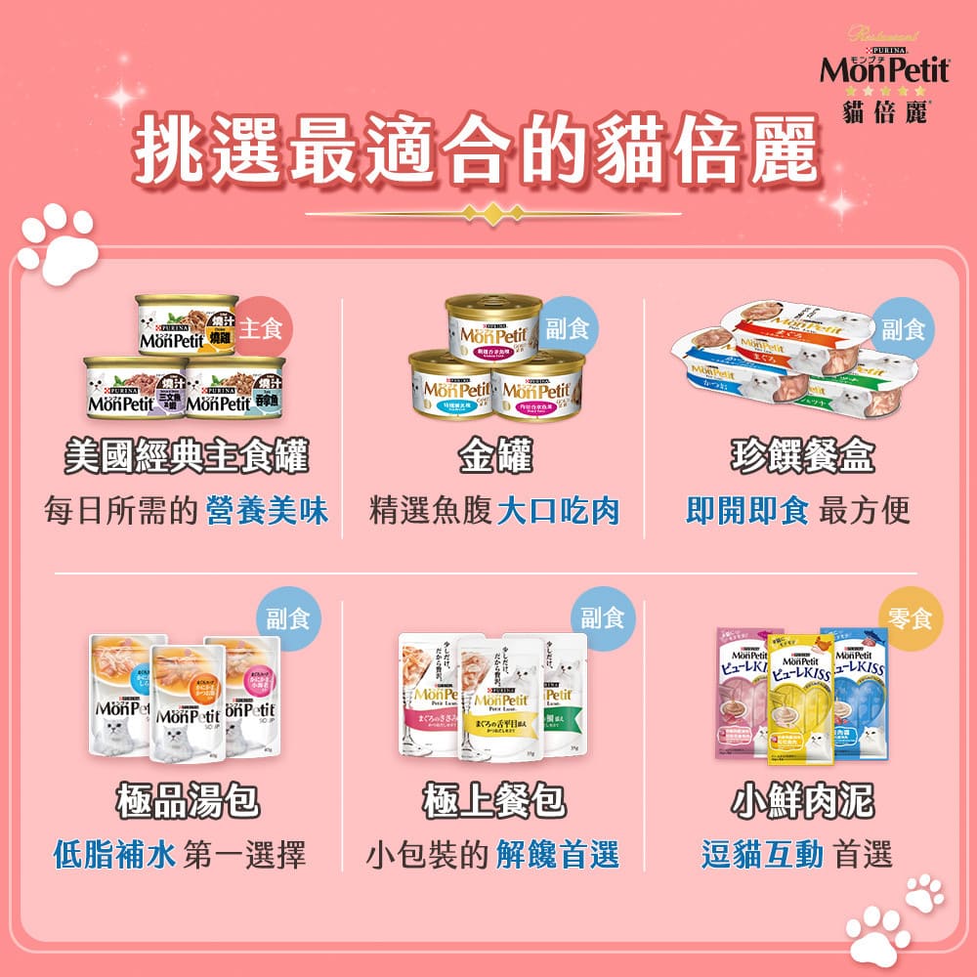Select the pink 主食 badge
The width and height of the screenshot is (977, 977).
(x=260, y=327)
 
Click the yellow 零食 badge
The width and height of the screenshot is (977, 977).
(x=911, y=617)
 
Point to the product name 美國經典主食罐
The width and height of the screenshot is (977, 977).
(x=186, y=455)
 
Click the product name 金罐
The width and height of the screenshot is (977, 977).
(x=494, y=455)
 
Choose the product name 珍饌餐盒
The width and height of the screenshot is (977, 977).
(x=803, y=455)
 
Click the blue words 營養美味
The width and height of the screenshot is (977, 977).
(x=267, y=510)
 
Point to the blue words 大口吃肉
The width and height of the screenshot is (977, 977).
(x=558, y=510)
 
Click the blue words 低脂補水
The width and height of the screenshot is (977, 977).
(x=114, y=856)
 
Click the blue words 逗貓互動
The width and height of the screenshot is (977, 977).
(x=763, y=856)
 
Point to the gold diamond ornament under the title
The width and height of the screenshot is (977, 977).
(x=493, y=213)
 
